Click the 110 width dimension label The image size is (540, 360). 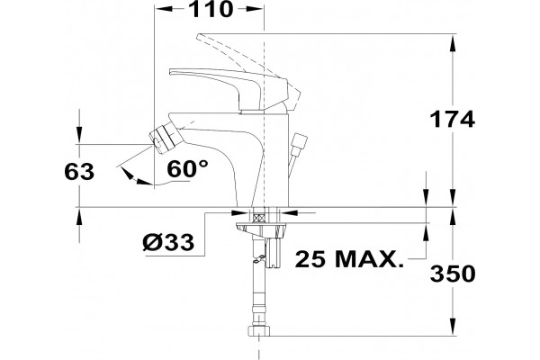211,9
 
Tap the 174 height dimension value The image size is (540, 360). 452,119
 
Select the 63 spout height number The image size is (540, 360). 79,171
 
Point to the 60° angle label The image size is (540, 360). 188,169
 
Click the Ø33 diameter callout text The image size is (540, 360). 168,241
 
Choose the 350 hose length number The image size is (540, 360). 453,274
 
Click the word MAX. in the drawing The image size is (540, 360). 369,258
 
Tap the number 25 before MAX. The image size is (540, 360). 310,258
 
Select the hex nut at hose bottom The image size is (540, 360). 259,330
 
